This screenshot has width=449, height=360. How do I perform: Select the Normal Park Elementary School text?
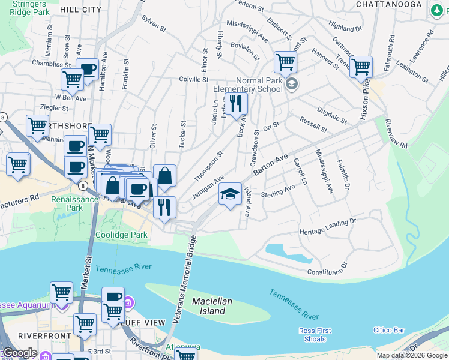248,85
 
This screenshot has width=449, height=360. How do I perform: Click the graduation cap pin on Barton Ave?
230,194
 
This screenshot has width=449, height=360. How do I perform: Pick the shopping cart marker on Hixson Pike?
361,67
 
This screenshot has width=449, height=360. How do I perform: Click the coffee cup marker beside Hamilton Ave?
87,70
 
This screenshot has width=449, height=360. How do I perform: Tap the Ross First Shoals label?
315,334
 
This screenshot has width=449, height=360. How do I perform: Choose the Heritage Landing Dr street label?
328,227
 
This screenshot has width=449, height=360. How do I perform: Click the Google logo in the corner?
20,353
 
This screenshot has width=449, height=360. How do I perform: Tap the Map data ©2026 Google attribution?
411,355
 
